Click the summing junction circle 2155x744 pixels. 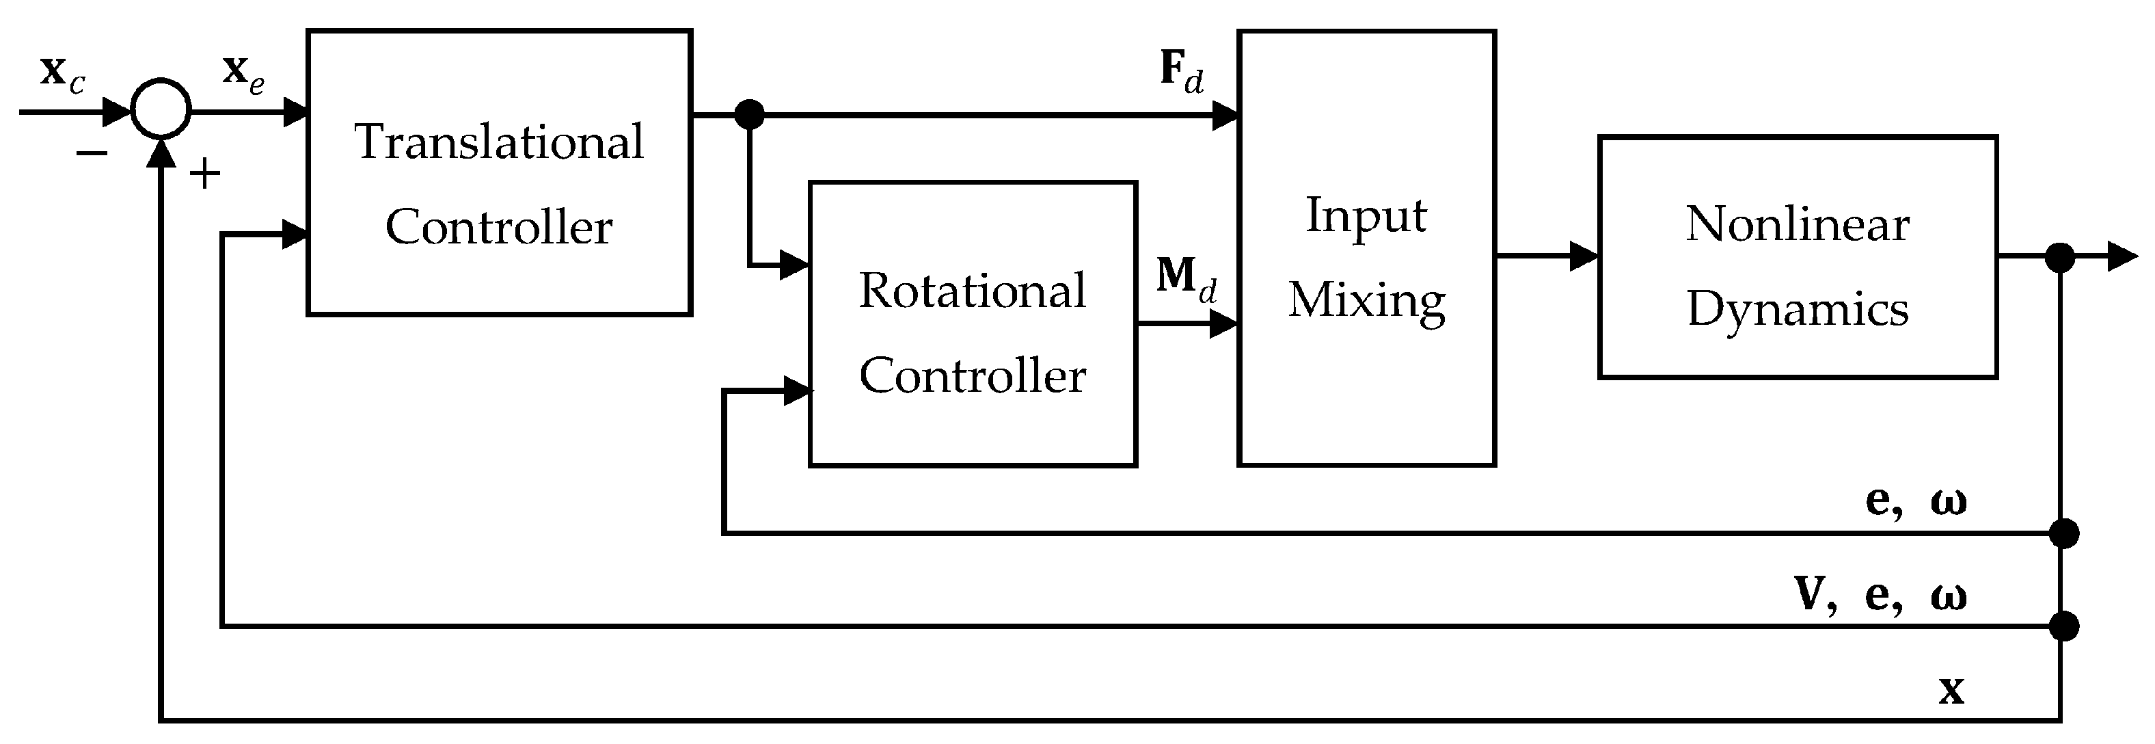tap(161, 109)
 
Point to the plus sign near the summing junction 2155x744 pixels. tap(204, 174)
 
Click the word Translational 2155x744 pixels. tap(500, 142)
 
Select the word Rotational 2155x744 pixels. tap(972, 291)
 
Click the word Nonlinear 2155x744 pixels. tap(1797, 224)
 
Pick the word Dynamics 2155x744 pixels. tap(1797, 310)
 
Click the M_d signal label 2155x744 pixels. tap(1185, 280)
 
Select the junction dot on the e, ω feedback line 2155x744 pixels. tap(2064, 533)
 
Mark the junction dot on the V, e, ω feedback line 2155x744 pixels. tap(2064, 626)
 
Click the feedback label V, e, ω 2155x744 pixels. tap(1881, 596)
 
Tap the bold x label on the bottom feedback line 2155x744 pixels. tap(1951, 691)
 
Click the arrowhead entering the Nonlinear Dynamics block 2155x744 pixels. tap(1584, 256)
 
